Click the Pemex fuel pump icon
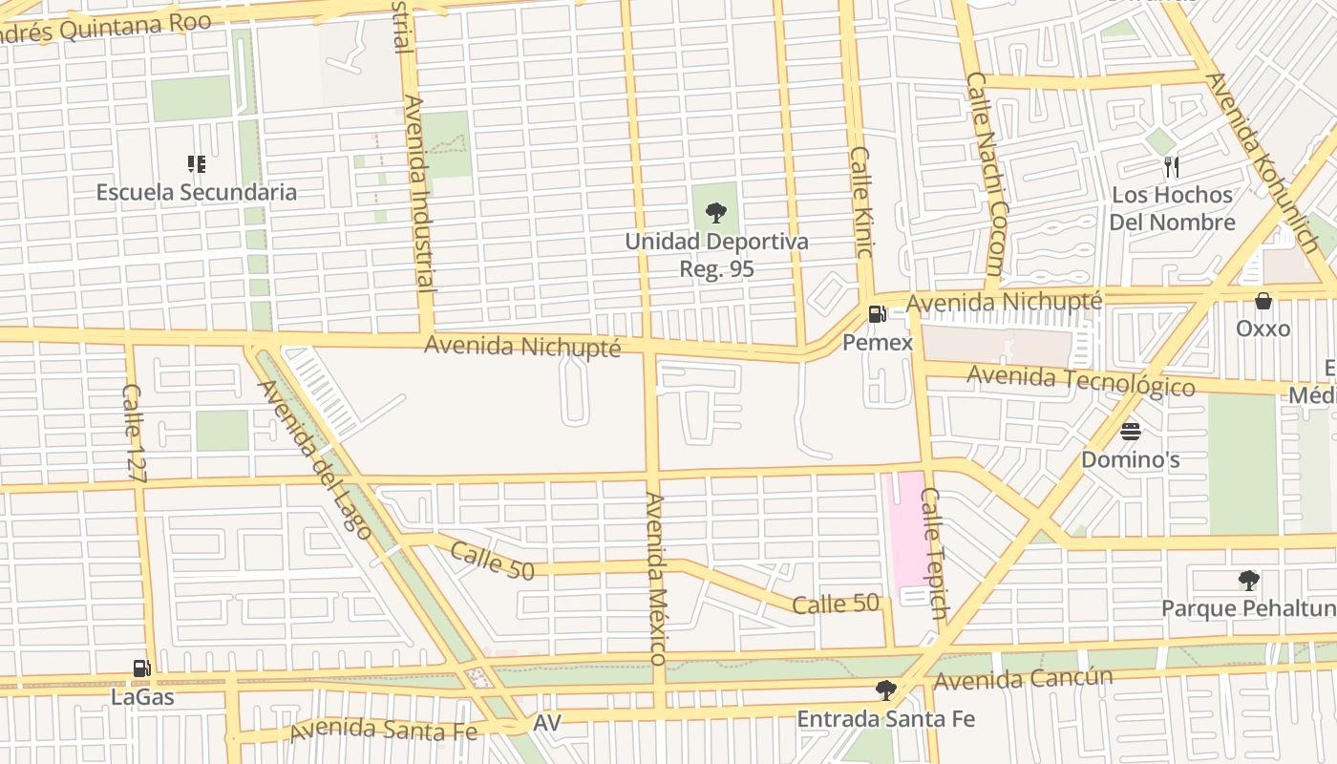pos(877,313)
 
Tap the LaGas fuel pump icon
pos(141,668)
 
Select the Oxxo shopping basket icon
pos(1263,301)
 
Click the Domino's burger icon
pos(1131,432)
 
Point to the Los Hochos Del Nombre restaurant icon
pos(1172,167)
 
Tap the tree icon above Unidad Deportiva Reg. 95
pos(716,213)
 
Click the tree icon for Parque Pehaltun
pos(1248,580)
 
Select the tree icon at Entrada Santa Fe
pos(886,690)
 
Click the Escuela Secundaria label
pos(197,192)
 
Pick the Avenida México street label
pos(655,578)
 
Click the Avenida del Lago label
pos(315,459)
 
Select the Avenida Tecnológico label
pos(1080,380)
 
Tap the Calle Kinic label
pos(861,202)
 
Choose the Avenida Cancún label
pos(1024,679)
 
